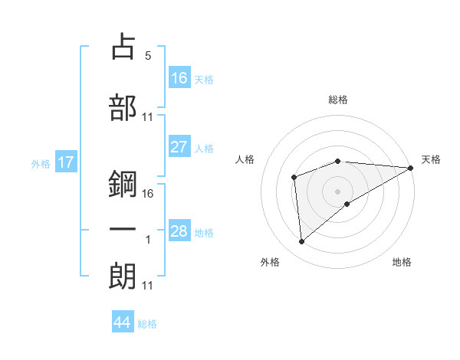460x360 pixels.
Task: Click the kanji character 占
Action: [x=123, y=48]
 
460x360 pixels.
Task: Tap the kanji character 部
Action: [x=123, y=107]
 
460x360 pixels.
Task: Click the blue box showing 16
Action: [x=179, y=77]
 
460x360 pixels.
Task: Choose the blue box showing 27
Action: [x=179, y=148]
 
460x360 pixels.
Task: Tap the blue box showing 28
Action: [x=179, y=231]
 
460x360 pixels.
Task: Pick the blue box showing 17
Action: [x=65, y=162]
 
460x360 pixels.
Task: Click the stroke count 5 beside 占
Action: [x=148, y=56]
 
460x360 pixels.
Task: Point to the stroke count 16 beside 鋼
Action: [x=148, y=194]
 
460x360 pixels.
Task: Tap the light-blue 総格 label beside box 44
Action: [x=147, y=324]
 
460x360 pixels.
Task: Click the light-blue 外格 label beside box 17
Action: [x=40, y=163]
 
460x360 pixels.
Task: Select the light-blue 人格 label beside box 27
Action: [x=203, y=149]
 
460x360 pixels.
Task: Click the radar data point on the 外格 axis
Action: [x=301, y=242]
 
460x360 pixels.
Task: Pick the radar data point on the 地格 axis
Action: [x=347, y=204]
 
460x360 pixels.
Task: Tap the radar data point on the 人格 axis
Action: [x=294, y=178]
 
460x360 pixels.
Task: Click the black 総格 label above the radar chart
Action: [x=338, y=100]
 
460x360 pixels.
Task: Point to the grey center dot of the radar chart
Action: [x=337, y=191]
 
